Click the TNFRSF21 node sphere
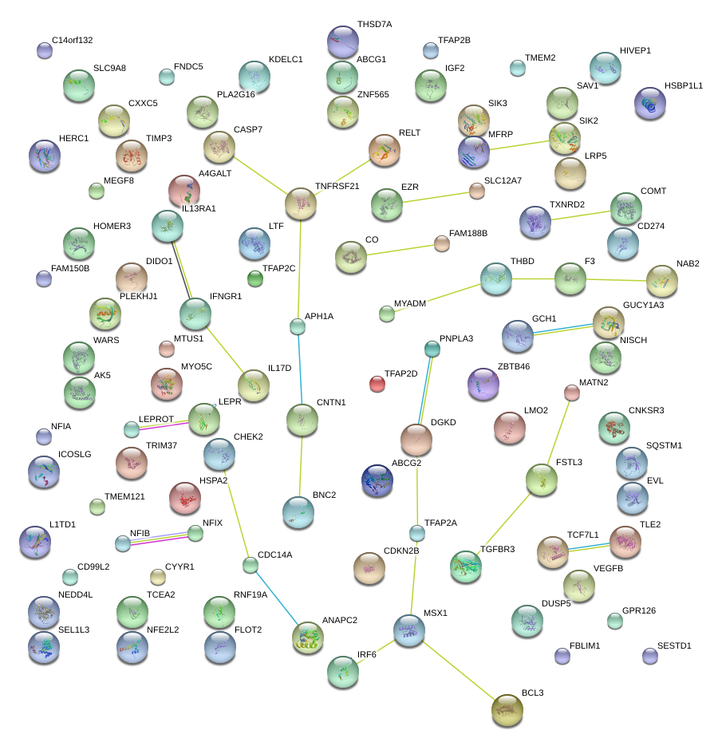click(301, 203)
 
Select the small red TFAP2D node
click(377, 385)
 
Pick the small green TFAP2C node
click(254, 278)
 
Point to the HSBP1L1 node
click(649, 103)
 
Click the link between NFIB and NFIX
click(160, 539)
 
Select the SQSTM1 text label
click(664, 445)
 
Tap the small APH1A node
click(298, 326)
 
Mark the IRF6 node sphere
click(344, 672)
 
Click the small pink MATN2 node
click(572, 393)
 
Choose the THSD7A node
click(343, 41)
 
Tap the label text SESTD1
click(674, 645)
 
